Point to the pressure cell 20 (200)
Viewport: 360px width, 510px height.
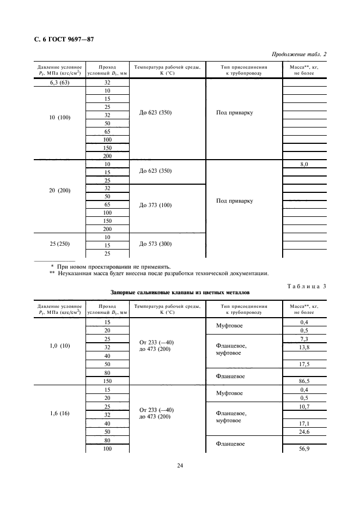[x=57, y=191]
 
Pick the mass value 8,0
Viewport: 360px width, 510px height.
[x=304, y=164]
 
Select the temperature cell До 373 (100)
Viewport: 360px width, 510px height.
[x=155, y=205]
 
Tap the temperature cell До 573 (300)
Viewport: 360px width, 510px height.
[x=155, y=244]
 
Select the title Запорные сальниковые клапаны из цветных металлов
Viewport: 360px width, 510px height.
[x=180, y=293]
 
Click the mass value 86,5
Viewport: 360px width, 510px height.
[x=304, y=381]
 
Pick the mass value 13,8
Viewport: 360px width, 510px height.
[x=304, y=347]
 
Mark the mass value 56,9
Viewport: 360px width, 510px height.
[x=304, y=449]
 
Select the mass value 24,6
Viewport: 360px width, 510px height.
[x=304, y=432]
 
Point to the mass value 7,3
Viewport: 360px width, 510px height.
[x=304, y=339]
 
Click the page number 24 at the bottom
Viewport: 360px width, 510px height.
[x=180, y=466]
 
